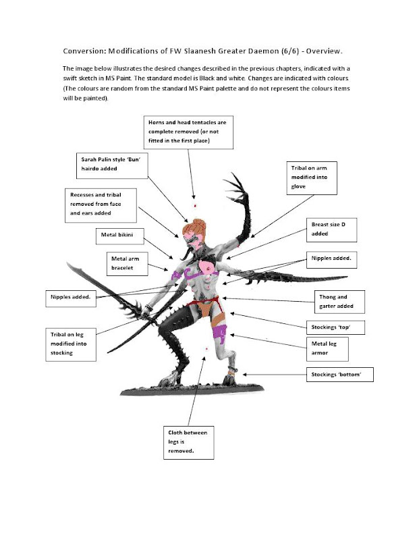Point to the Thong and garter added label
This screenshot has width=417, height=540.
click(x=341, y=301)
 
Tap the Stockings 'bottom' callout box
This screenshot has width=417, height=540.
click(x=339, y=373)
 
